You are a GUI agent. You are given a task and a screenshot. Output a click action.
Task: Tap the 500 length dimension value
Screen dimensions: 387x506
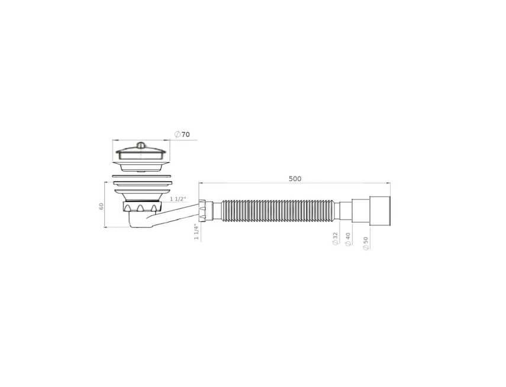coord(295,179)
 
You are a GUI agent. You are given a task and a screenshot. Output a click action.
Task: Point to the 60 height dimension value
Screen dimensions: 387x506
coord(102,206)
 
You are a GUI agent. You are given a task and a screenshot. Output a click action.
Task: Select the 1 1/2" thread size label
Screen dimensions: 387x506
coord(178,199)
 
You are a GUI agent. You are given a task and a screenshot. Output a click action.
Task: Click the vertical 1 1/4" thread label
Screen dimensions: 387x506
coord(195,233)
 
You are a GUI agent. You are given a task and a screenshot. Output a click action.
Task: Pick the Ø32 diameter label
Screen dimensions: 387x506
coord(335,238)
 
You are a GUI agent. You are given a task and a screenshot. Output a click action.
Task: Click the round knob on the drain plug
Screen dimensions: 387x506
coord(141,145)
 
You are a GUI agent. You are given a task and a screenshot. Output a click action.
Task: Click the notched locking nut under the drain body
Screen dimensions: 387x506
coord(141,208)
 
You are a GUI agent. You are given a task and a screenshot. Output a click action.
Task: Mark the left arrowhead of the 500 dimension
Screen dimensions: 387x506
coord(201,183)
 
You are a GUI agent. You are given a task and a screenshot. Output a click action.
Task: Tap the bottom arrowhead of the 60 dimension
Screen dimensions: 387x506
coord(105,227)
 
